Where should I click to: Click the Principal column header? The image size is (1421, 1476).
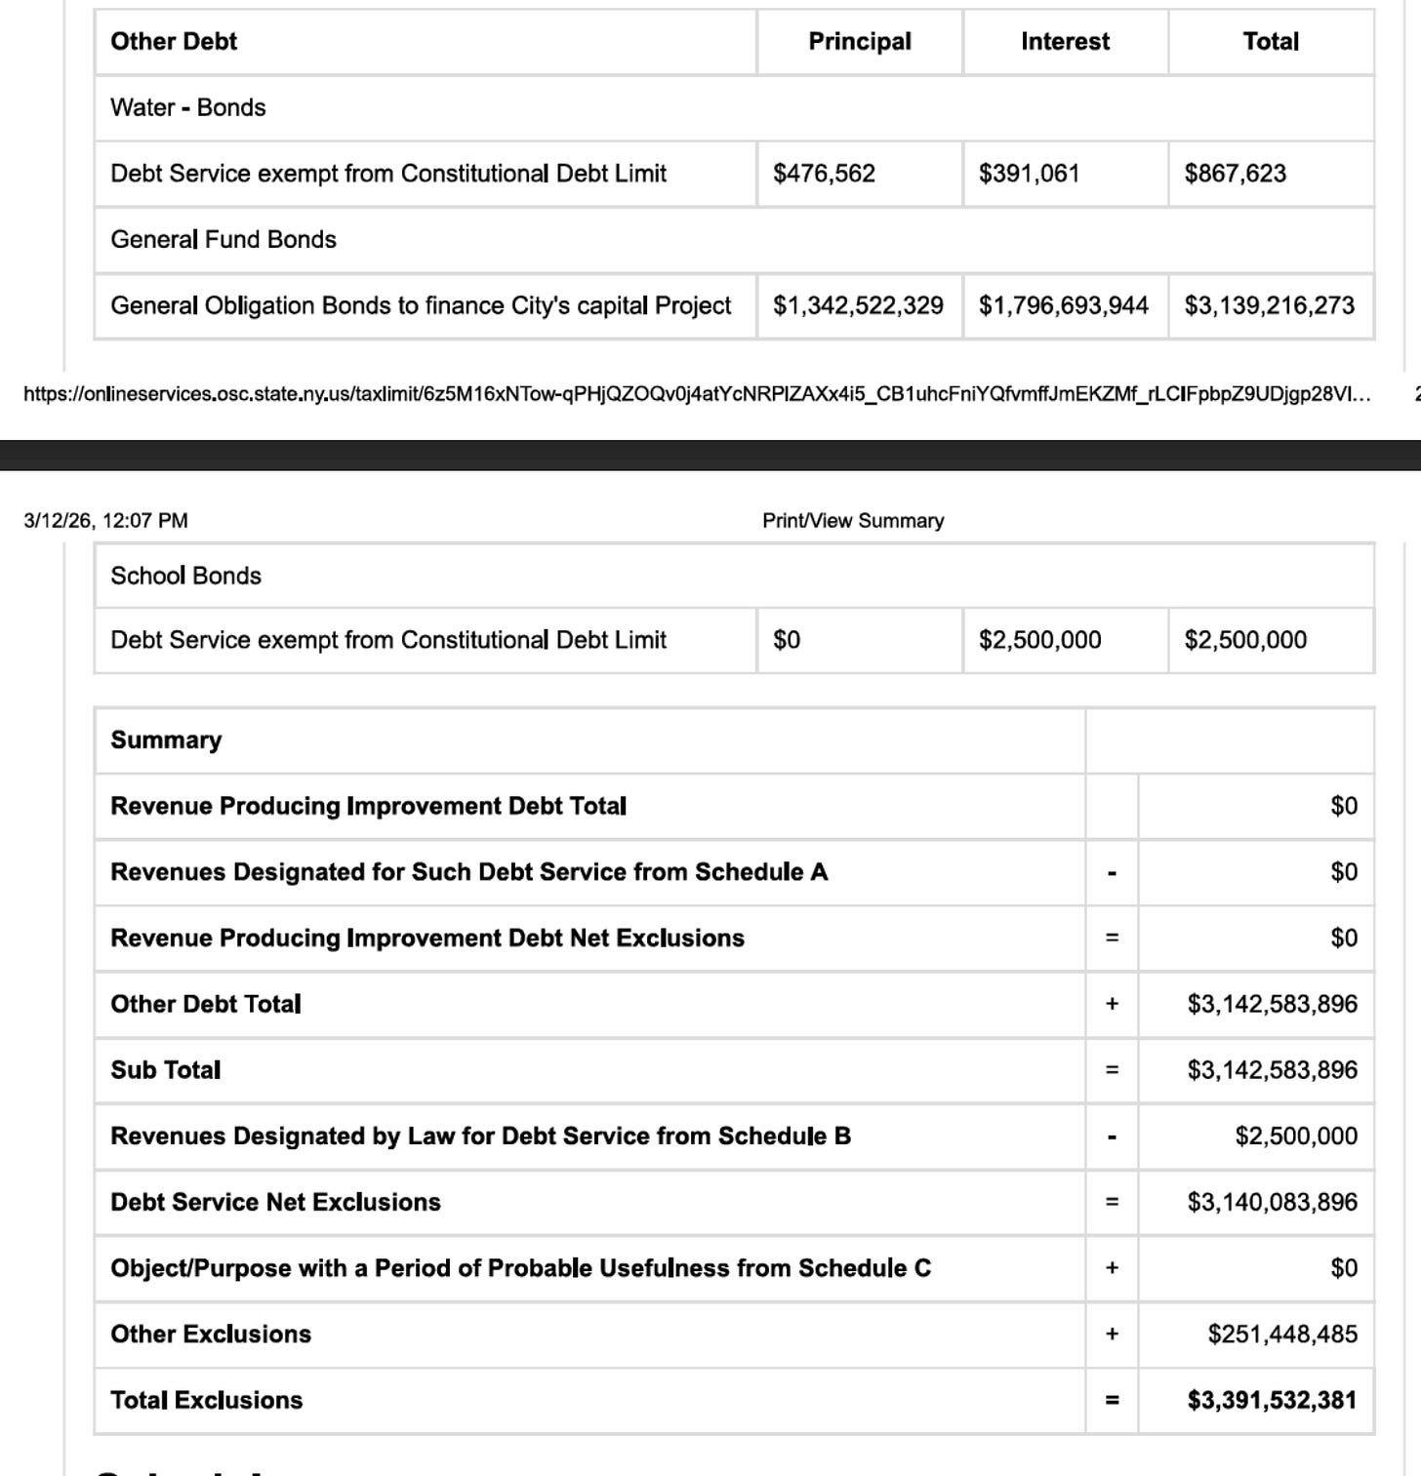859,42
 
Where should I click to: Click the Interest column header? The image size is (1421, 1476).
1065,42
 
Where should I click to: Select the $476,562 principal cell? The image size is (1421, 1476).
824,174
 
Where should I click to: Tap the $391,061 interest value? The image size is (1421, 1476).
1029,174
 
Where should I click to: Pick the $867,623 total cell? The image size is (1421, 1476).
1235,174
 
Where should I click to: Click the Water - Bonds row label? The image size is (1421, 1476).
188,107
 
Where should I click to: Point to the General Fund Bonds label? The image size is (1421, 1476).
223,240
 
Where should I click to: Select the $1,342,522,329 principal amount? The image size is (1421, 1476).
858,306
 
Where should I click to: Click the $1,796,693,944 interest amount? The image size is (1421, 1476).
1064,306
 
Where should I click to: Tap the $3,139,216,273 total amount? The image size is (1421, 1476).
1269,306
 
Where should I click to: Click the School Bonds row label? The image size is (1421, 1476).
186,576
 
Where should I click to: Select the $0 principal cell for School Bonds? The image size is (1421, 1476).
787,640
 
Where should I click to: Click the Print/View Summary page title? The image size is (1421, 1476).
853,521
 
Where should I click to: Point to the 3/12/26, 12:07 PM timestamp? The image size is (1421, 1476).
105,521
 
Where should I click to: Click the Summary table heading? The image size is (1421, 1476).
166,740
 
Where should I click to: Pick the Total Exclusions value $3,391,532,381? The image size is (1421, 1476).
1272,1401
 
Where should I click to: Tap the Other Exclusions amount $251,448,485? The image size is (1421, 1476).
1281,1335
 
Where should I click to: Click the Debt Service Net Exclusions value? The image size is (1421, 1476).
1272,1203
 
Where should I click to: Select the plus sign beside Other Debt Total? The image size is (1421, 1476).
1112,1005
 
